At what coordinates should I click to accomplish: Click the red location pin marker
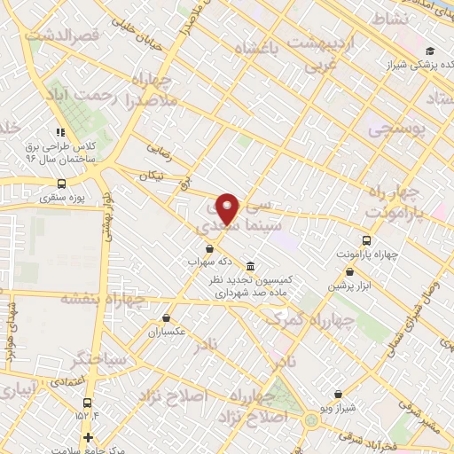pyautogui.click(x=229, y=207)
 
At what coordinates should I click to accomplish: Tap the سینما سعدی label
pyautogui.click(x=223, y=226)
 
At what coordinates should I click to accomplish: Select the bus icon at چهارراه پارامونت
pyautogui.click(x=366, y=240)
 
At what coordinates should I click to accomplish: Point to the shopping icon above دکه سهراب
pyautogui.click(x=209, y=248)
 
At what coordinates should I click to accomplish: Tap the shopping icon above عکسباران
pyautogui.click(x=166, y=317)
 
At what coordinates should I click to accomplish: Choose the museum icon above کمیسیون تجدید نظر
pyautogui.click(x=251, y=266)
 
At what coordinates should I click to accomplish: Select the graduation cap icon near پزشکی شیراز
pyautogui.click(x=430, y=51)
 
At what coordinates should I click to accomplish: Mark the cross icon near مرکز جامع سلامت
pyautogui.click(x=87, y=437)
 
